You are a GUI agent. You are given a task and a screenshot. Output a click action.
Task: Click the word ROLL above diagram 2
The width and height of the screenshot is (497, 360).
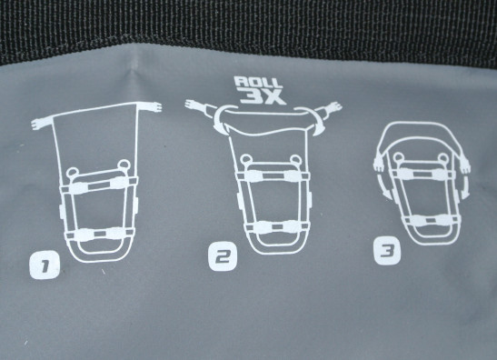258,83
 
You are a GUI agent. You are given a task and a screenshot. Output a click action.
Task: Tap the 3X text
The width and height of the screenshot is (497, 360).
263,96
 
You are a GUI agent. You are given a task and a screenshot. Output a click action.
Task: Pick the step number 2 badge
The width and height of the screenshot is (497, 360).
223,256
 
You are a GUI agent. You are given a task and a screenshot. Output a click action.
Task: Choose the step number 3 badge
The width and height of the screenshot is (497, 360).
387,251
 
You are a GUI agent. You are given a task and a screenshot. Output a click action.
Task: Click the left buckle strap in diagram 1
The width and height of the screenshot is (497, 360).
42,122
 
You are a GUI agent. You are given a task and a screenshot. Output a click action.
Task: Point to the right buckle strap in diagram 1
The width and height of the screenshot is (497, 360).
151,106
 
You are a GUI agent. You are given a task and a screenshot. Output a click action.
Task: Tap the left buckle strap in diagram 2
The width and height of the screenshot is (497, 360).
200,107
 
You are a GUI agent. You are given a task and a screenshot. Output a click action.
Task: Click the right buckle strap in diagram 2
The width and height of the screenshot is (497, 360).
328,109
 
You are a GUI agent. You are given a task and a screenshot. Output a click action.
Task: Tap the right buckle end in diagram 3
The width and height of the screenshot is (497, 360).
464,164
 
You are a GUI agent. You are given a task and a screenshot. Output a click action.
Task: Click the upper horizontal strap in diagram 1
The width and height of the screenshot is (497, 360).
99,185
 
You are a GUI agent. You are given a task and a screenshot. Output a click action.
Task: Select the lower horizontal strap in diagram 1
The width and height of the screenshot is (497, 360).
99,234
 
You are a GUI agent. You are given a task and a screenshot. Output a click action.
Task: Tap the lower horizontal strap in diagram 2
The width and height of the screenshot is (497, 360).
276,226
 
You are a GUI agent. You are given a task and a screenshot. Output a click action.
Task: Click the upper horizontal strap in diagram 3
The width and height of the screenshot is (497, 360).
424,172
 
